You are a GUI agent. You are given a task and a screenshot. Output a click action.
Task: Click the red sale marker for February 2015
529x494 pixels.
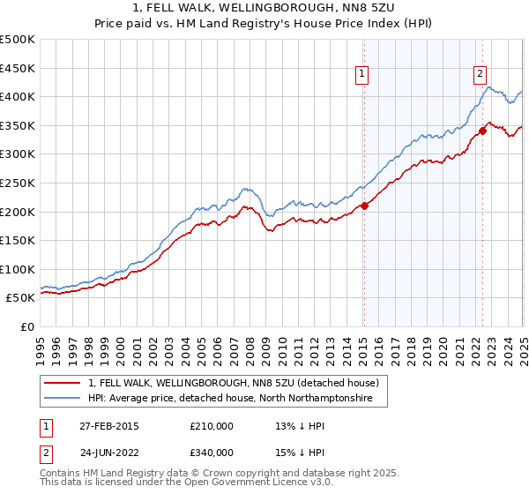coord(364,206)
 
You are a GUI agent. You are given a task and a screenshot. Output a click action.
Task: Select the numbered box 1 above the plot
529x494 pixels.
coord(363,75)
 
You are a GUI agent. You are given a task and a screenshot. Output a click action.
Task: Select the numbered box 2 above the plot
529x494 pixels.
coord(480,75)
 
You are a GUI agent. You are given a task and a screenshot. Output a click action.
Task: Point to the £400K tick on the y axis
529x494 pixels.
coord(19,97)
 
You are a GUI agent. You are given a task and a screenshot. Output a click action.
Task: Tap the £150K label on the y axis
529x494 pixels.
coord(19,240)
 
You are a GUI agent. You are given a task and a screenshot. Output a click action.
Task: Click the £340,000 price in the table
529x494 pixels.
coord(212,452)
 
